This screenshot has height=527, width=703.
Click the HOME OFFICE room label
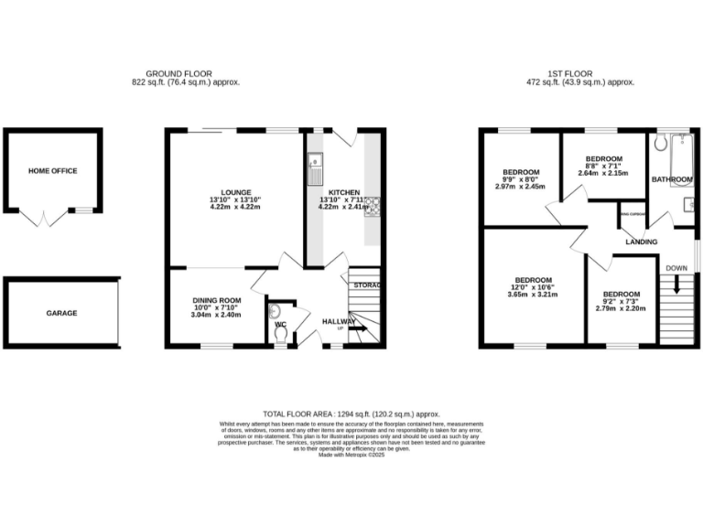pyautogui.click(x=52, y=171)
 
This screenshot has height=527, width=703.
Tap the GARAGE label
pyautogui.click(x=62, y=313)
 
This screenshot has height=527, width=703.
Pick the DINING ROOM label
pyautogui.click(x=216, y=300)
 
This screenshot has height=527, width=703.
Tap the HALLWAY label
pyautogui.click(x=339, y=321)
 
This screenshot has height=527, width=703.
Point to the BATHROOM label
pyautogui.click(x=673, y=179)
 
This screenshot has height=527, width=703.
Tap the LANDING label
pyautogui.click(x=641, y=242)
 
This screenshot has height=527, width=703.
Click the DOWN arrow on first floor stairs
pyautogui.click(x=676, y=285)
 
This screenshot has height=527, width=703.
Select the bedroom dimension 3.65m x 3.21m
pyautogui.click(x=533, y=296)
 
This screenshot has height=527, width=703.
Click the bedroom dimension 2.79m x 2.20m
pyautogui.click(x=622, y=309)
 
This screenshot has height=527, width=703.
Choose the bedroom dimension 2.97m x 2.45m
pyautogui.click(x=520, y=187)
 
